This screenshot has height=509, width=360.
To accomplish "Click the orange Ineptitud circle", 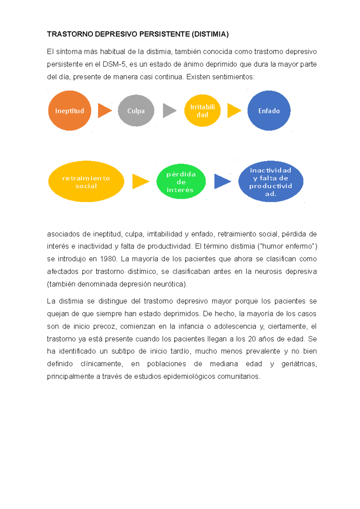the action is point(70,111).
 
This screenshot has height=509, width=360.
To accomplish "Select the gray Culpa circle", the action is point(136,111).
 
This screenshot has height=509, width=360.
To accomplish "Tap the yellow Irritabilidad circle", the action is point(202,111).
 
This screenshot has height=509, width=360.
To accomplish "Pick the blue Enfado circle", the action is point(269,111).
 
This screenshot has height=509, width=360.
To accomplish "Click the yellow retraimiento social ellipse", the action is point(86,181).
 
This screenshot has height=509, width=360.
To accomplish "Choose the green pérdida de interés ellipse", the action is point(181,181).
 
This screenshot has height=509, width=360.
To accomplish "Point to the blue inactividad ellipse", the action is point(271,181).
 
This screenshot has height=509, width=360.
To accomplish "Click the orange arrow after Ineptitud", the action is point(104,111).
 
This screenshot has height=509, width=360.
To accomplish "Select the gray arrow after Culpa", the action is point(169,111).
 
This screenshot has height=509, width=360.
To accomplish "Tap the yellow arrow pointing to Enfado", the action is point(233,111).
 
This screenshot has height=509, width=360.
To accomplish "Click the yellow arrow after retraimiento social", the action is point(140,181).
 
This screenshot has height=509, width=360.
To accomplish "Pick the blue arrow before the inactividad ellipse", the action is point(222,181).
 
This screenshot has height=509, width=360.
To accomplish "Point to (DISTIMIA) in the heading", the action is point(210,34).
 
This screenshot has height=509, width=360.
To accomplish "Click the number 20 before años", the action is point(252,339).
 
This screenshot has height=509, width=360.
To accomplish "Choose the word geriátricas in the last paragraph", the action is point(299,364).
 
